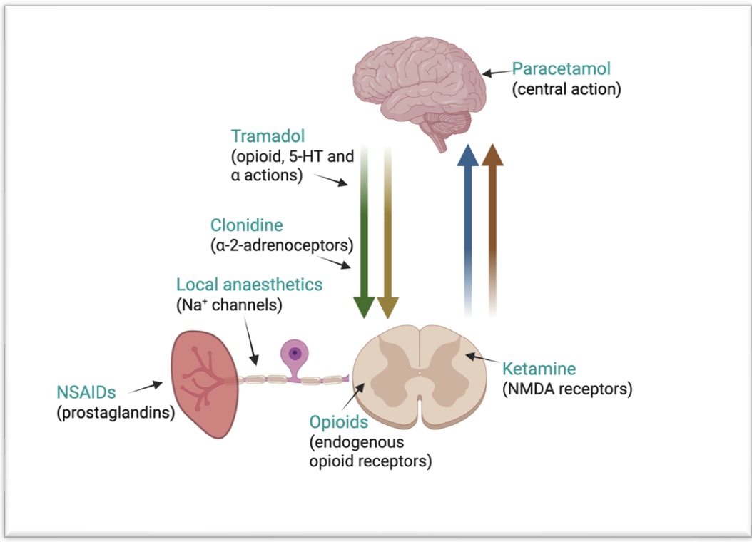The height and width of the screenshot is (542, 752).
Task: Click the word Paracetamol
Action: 562,70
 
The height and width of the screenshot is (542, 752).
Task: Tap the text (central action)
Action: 566,90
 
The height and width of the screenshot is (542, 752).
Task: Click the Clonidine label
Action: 246,225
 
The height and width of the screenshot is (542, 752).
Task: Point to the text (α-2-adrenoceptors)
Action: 282,246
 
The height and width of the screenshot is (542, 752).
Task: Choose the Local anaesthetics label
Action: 249,285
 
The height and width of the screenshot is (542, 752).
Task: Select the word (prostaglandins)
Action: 116,412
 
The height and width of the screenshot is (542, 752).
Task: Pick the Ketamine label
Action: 539,369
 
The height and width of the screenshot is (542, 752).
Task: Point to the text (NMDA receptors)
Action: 567,389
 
